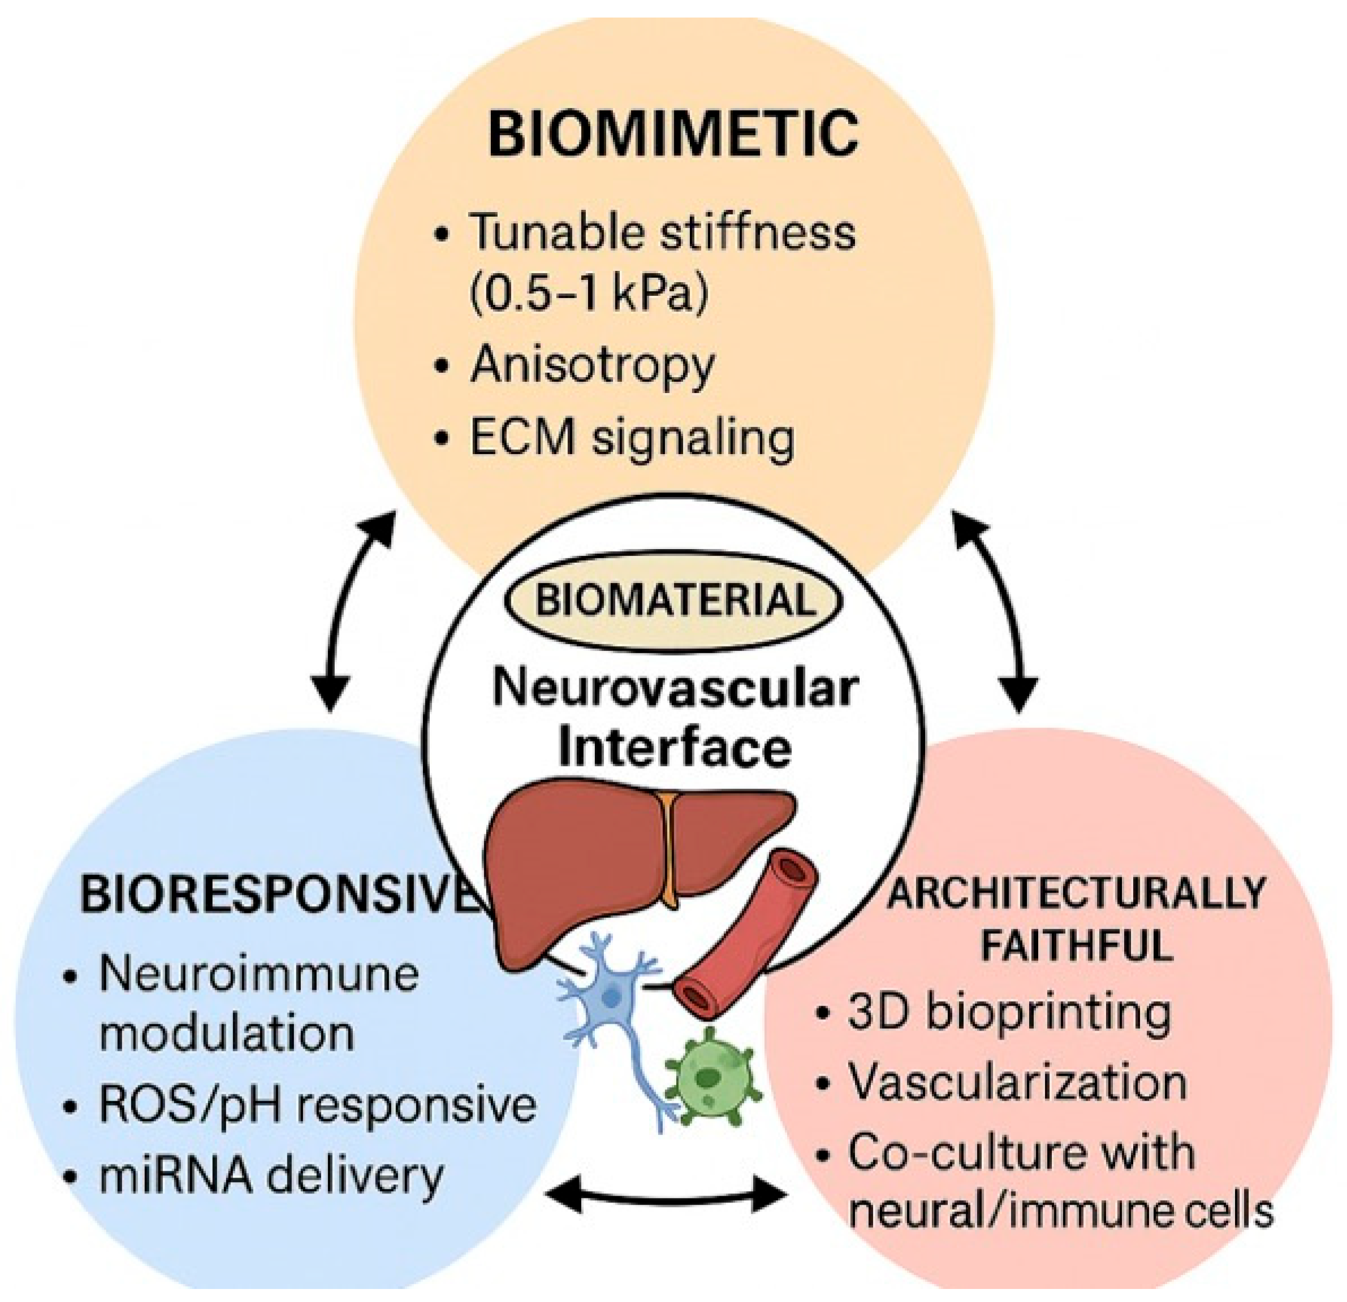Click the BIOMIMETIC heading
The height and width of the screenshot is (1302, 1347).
pos(673,134)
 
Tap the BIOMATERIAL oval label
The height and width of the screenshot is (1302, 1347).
pos(674,600)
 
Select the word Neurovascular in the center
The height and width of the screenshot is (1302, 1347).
pos(676,689)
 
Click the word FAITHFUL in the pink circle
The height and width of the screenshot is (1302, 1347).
pos(1076,945)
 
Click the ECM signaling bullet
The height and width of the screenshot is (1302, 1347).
pos(632,437)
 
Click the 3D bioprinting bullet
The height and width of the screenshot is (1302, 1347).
pos(1008,1012)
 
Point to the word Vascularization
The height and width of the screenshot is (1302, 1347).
pos(1018,1083)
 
